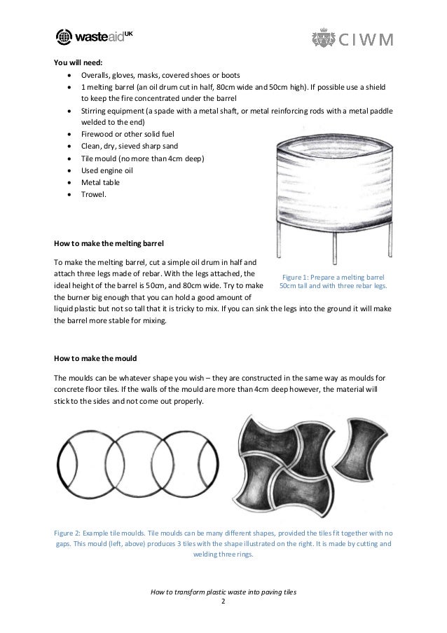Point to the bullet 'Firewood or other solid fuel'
coord(128,134)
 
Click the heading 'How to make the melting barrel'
coord(109,244)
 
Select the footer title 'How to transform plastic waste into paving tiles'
coord(224,592)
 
